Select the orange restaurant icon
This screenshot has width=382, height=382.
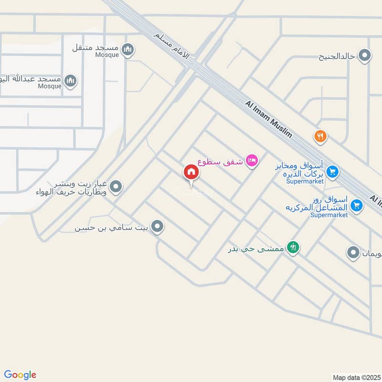(320, 137)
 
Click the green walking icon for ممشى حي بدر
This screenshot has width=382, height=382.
(294, 247)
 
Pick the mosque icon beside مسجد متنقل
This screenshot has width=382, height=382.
(127, 49)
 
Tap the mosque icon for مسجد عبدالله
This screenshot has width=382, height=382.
(70, 80)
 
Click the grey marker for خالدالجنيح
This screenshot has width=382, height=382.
(365, 56)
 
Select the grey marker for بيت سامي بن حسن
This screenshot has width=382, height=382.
(157, 226)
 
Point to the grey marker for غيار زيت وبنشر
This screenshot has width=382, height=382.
(116, 188)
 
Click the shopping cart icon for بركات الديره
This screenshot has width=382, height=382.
(333, 171)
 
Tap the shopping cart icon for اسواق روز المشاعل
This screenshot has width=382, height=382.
(356, 205)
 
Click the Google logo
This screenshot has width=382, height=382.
(20, 375)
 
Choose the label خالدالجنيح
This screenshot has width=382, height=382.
(337, 56)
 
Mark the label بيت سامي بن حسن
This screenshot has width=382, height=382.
(112, 227)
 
